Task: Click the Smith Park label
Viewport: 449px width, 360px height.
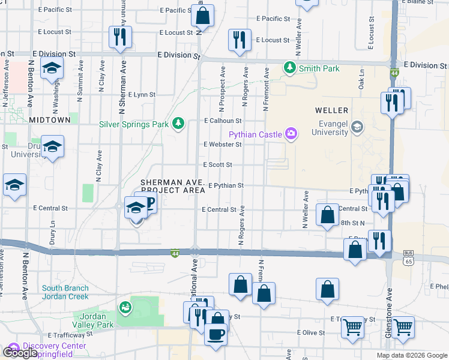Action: point(321,68)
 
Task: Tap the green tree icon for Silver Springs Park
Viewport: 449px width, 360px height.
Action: point(178,124)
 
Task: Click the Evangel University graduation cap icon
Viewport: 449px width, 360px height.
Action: point(357,126)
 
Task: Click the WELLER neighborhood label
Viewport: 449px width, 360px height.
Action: point(331,110)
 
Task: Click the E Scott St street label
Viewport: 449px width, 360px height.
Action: point(217,164)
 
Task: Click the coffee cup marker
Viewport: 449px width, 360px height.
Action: point(216,333)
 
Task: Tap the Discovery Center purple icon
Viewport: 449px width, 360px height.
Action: point(13,347)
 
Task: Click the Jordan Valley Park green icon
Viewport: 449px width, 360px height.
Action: point(125,308)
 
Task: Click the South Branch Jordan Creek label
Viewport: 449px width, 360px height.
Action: point(65,292)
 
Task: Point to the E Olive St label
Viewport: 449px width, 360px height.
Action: point(311,332)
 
